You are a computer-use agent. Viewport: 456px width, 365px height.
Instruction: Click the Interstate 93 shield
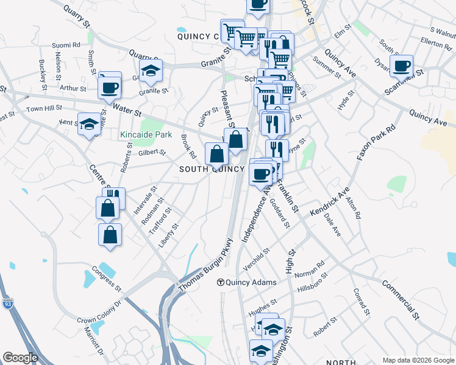point(8,304)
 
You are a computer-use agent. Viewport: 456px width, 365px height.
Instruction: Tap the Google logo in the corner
point(20,358)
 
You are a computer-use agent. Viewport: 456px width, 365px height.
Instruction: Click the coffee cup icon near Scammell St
point(401,66)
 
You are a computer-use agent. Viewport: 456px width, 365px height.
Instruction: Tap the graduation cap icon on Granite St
point(151,71)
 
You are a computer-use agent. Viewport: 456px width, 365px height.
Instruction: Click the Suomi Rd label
point(66,44)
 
